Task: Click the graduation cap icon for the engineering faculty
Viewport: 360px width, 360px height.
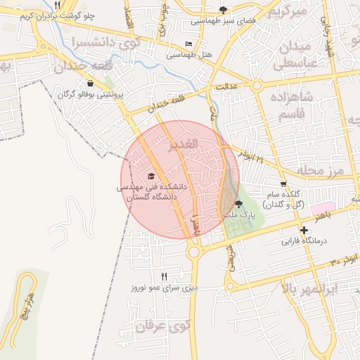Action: coord(151,176)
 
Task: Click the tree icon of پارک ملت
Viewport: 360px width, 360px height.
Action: coord(238,204)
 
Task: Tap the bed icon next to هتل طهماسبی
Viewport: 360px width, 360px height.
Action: coord(188,44)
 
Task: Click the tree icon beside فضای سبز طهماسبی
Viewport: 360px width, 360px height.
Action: coord(224,10)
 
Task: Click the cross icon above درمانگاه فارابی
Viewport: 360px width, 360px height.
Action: coord(303,231)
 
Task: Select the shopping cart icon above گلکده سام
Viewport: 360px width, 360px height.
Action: coord(283,184)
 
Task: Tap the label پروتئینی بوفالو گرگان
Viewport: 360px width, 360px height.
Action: coord(91,94)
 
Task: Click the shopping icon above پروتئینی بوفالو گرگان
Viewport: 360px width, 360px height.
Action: coord(91,83)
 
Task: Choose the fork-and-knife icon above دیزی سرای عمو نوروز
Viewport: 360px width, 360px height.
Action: coord(165,276)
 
